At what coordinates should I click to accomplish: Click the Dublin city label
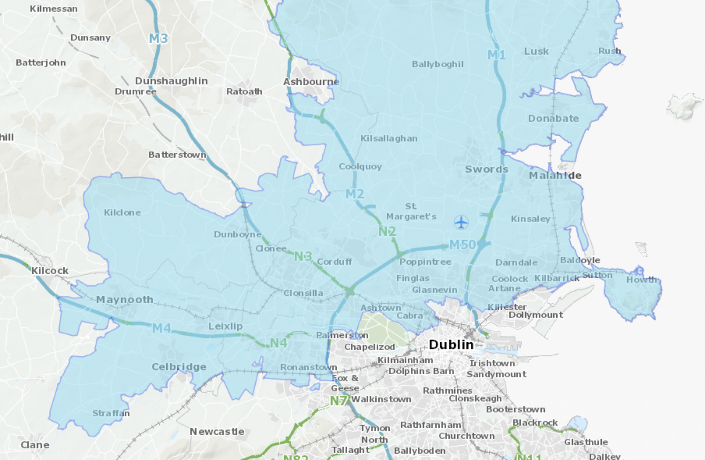point(451,345)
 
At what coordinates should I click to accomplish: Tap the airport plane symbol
point(461,222)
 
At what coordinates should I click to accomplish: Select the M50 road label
point(462,245)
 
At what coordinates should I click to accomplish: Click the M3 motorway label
point(158,38)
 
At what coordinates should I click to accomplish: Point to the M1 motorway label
point(496,55)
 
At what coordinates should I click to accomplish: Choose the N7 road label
point(339,401)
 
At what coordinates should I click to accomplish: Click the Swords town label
point(486,169)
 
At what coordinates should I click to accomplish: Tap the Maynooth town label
point(125,299)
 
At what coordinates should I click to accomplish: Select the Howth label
point(641,279)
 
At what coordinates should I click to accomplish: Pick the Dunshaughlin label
point(172,81)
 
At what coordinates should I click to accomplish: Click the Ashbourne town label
point(311,82)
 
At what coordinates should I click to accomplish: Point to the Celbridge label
point(179,367)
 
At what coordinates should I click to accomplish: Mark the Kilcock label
point(50,271)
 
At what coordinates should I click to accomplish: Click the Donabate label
point(553,118)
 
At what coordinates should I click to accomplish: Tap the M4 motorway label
point(162,328)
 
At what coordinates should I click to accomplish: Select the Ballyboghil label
point(438,64)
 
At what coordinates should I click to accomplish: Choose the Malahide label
point(555,175)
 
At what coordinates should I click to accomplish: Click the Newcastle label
point(217,432)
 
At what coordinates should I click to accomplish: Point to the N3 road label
point(303,257)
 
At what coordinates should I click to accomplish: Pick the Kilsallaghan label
point(389,138)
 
